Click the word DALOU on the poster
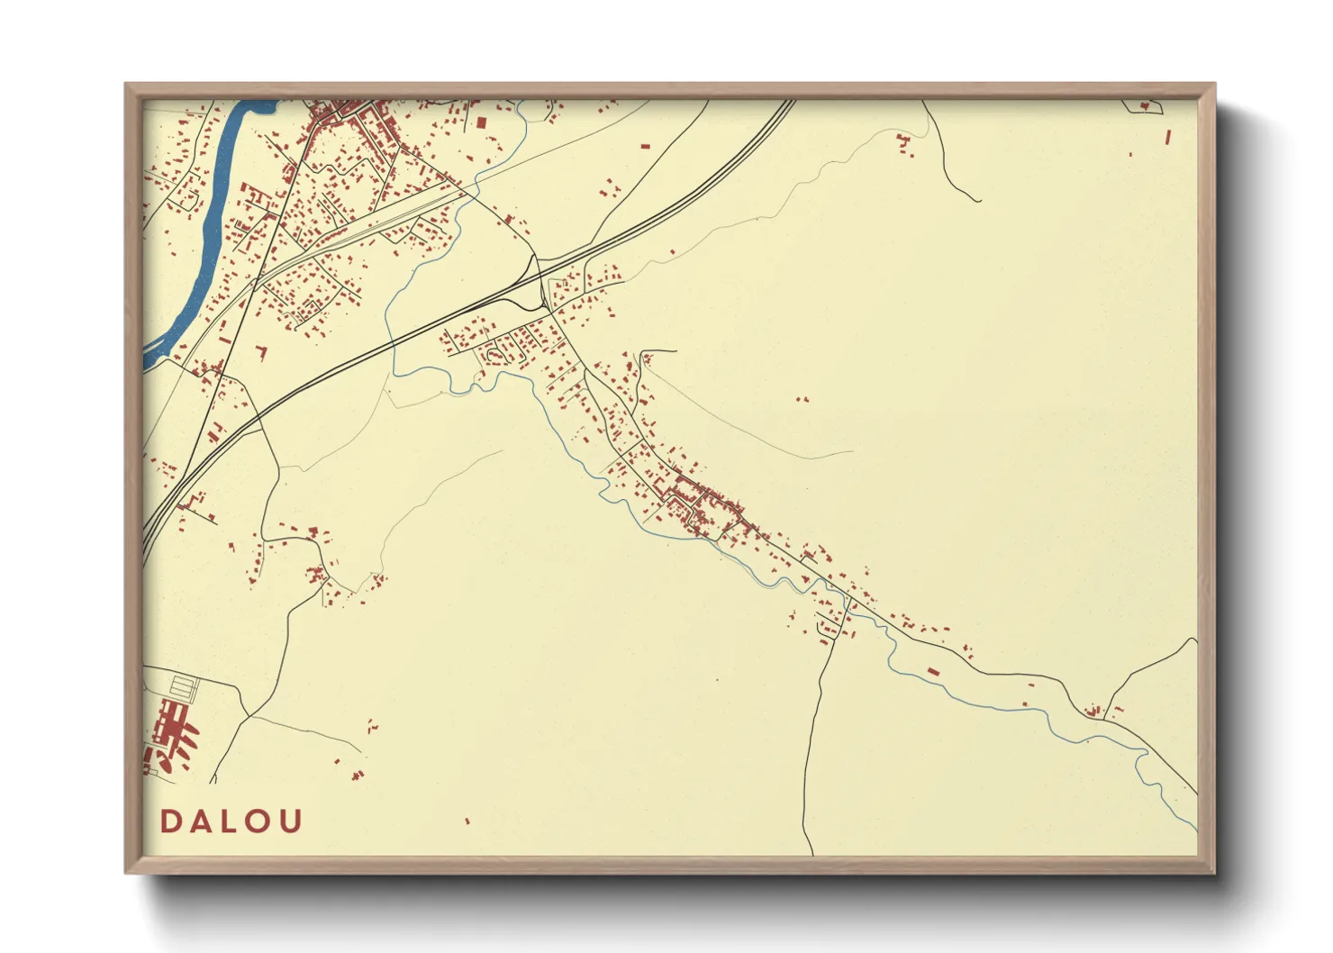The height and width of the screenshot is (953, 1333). (231, 821)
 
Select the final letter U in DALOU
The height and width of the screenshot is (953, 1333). (290, 821)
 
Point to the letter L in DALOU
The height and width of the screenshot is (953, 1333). (231, 821)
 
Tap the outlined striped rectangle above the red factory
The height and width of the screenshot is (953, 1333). (184, 689)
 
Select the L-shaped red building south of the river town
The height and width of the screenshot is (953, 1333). (263, 350)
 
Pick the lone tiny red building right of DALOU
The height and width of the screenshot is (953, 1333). (467, 821)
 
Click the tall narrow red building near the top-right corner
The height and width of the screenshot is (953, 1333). (1168, 138)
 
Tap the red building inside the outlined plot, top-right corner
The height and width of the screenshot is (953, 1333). (1145, 107)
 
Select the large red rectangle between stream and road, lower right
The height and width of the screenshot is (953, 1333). (934, 672)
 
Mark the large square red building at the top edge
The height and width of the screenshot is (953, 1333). (481, 123)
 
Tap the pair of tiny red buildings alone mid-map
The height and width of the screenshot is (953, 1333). (803, 399)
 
